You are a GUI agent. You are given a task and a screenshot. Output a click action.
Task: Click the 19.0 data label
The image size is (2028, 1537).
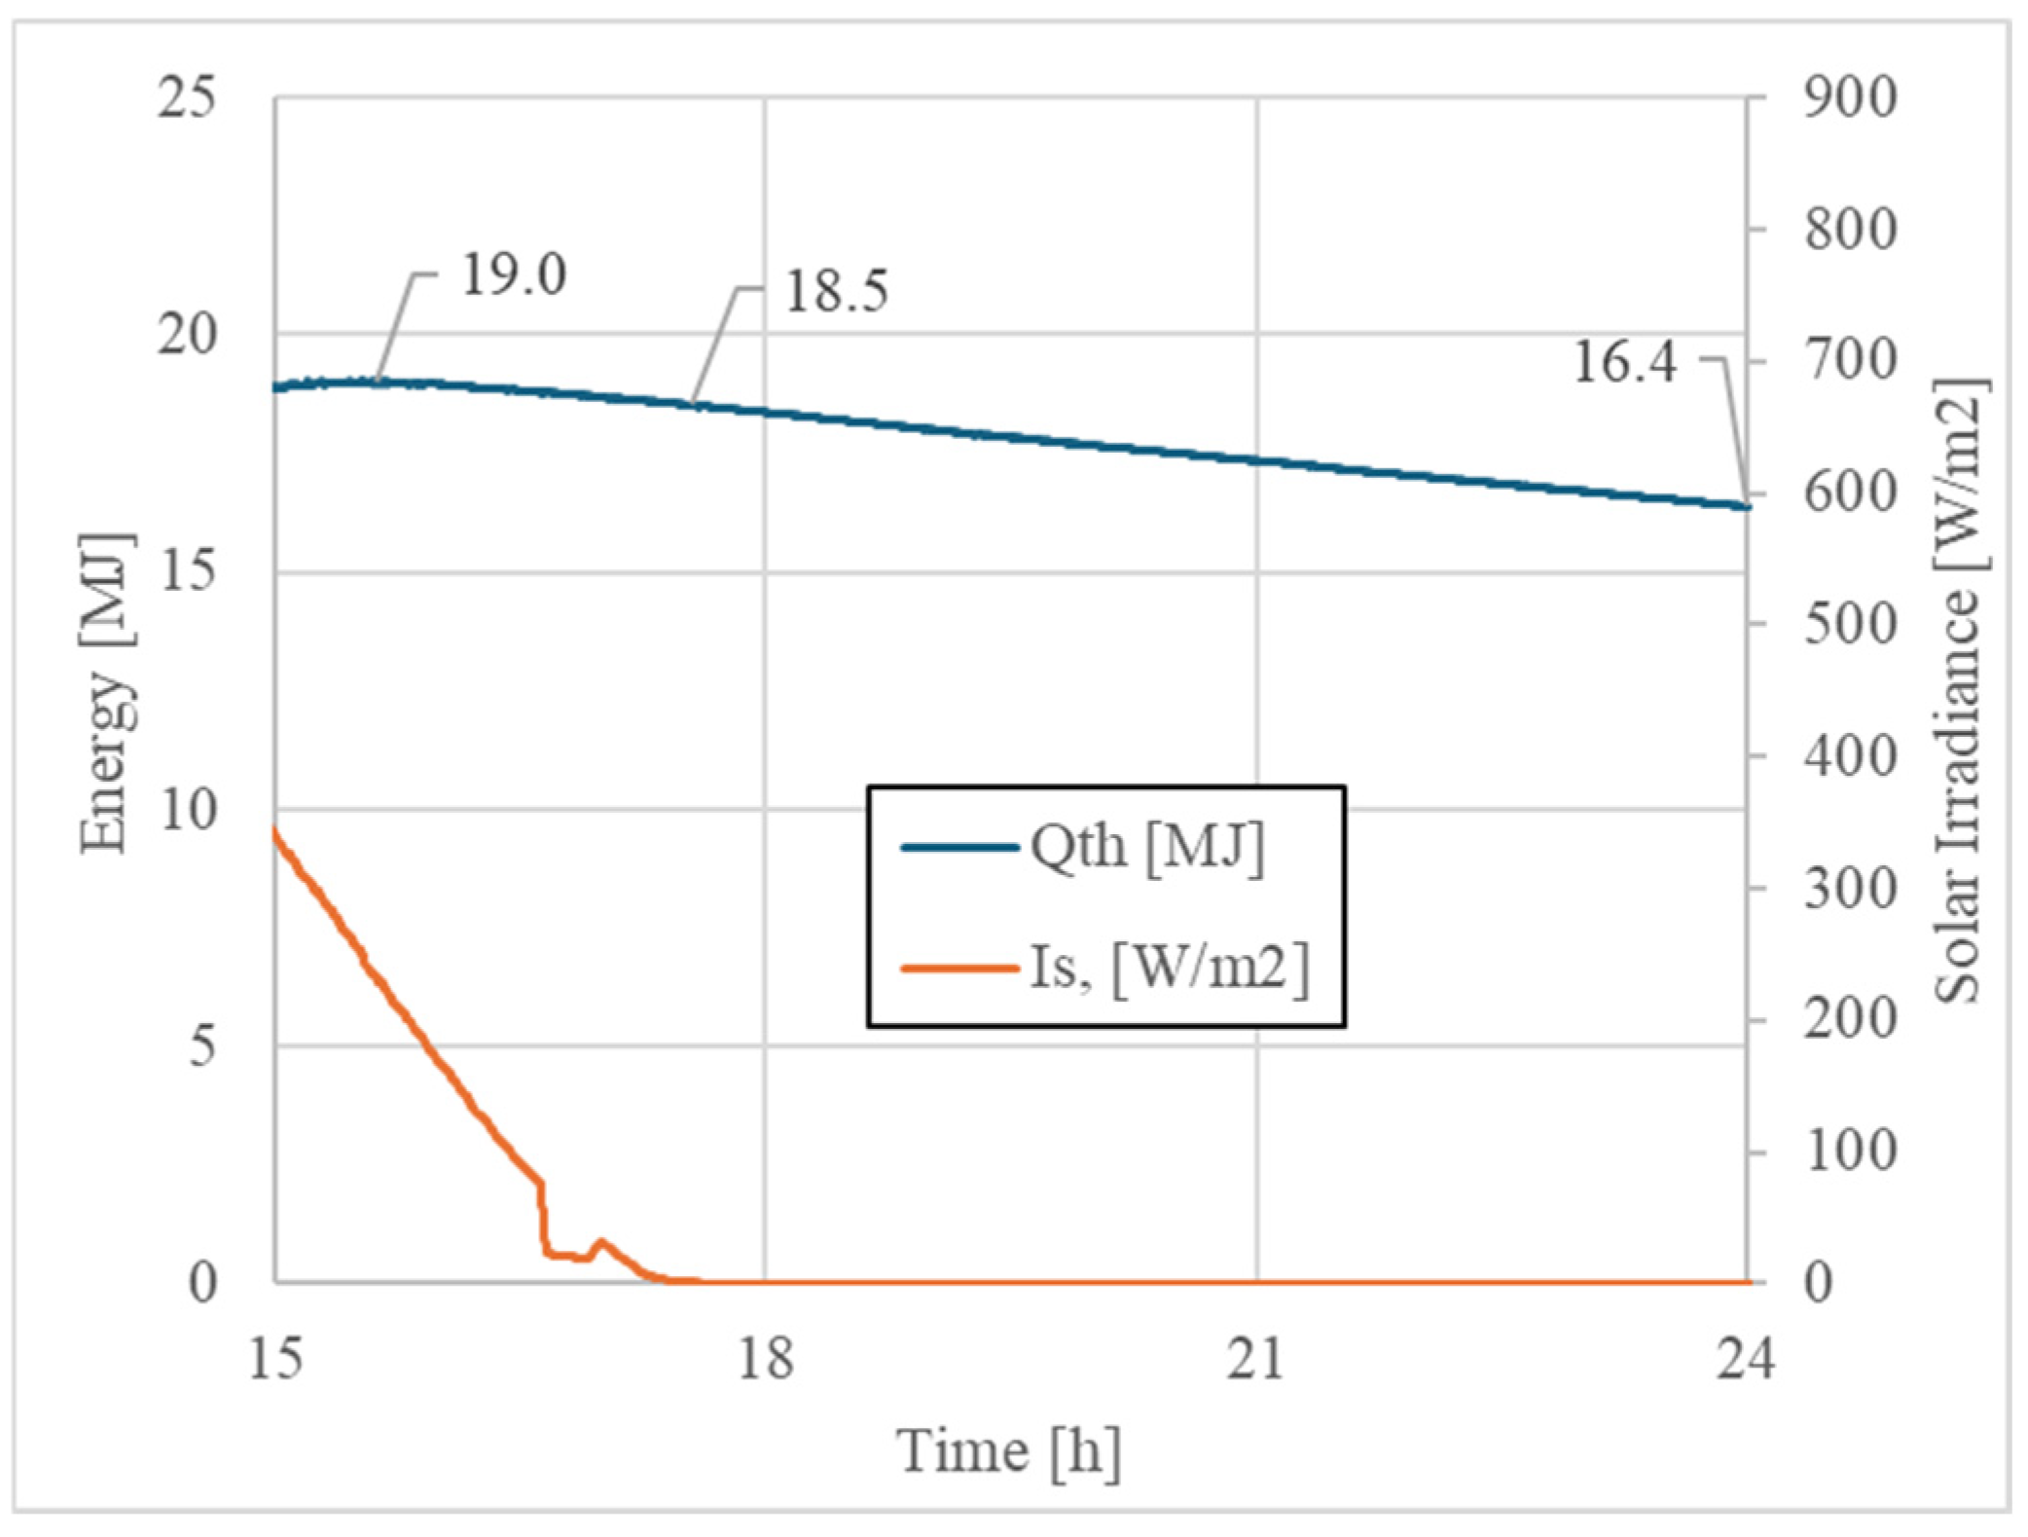pyautogui.click(x=513, y=275)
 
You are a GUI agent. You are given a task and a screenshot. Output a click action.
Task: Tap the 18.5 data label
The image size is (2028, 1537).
pyautogui.click(x=836, y=291)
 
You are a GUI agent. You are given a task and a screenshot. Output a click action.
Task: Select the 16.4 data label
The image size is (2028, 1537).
pyautogui.click(x=1624, y=362)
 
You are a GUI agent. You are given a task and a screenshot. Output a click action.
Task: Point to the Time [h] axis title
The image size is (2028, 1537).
pyautogui.click(x=1008, y=1451)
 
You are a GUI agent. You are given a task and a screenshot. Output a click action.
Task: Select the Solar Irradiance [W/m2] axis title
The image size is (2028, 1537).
pyautogui.click(x=1958, y=692)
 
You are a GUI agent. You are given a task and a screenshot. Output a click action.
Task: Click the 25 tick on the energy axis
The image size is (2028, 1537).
pyautogui.click(x=186, y=98)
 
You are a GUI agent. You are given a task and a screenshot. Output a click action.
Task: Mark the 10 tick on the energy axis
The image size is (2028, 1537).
pyautogui.click(x=186, y=810)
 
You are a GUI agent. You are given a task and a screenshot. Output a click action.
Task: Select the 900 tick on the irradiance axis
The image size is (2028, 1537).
pyautogui.click(x=1850, y=98)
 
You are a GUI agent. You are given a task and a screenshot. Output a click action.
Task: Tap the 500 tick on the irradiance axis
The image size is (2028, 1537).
pyautogui.click(x=1850, y=625)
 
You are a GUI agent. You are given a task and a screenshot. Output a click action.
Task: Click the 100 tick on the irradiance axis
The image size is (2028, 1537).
pyautogui.click(x=1850, y=1152)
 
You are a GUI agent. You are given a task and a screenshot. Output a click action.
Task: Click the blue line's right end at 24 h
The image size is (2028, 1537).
pyautogui.click(x=1747, y=506)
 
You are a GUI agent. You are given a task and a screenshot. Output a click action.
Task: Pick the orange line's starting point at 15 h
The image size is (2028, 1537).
pyautogui.click(x=276, y=830)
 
